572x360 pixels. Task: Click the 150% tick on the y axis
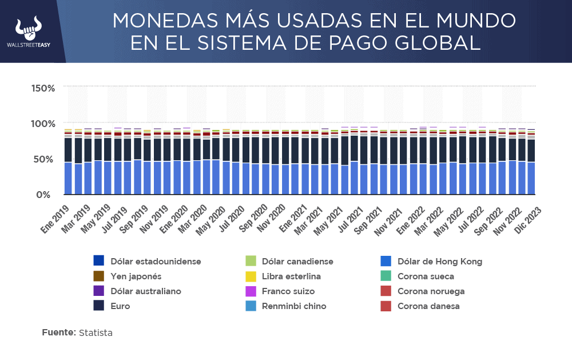43,88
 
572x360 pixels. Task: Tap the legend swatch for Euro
98,306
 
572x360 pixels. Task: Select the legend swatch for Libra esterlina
250,276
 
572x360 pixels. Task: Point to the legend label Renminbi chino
293,306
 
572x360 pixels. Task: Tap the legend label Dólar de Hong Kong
439,262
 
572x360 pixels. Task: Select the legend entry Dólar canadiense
297,262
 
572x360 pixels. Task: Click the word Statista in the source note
96,333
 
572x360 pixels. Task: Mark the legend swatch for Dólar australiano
98,291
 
